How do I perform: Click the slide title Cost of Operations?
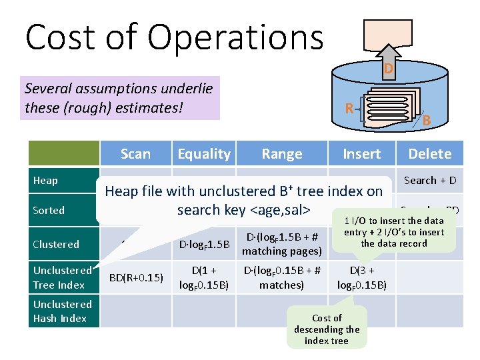(174, 37)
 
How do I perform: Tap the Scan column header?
(135, 154)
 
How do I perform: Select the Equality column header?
(204, 154)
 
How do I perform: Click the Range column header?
(281, 154)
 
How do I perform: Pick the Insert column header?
(361, 154)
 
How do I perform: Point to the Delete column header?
(430, 154)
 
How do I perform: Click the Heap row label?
(46, 181)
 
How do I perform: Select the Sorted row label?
(49, 211)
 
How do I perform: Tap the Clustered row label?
(56, 244)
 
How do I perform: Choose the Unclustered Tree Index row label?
(61, 277)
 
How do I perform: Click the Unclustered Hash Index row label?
(61, 311)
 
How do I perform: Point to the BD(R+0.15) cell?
(135, 277)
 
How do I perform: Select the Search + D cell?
(430, 180)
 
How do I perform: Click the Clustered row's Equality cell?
(204, 245)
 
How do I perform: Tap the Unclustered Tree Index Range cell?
(281, 277)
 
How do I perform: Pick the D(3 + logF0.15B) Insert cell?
(361, 278)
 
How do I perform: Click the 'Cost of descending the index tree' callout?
(327, 329)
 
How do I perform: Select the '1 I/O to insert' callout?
(394, 232)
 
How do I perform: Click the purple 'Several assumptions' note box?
(120, 98)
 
